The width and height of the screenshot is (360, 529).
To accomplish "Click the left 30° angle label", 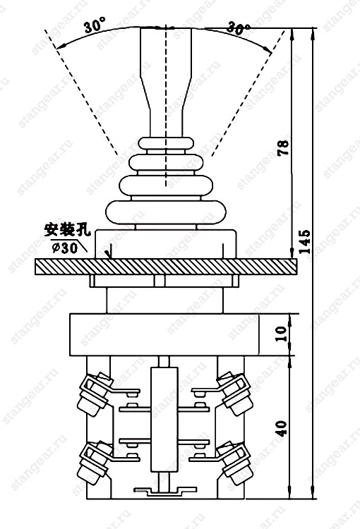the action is pos(95,25).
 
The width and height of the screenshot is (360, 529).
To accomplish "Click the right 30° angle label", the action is pos(238,28).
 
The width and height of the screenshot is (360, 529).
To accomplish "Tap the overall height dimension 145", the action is pos(304,241).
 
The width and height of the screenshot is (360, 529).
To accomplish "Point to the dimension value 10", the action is pos(283,334).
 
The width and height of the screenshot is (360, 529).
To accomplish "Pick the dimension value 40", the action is pos(282,428).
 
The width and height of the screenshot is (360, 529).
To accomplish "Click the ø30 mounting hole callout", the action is pos(65,248).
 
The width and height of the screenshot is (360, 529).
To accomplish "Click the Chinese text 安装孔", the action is pos(68,230).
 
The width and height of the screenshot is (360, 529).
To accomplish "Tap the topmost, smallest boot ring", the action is pos(166,143).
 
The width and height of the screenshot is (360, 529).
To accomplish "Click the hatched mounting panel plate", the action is pos(166,267).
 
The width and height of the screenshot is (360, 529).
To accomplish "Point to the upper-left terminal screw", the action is pos(94,391).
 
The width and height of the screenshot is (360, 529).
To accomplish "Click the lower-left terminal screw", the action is pos(94,461).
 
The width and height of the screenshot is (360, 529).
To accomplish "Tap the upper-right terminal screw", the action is pos(235,391).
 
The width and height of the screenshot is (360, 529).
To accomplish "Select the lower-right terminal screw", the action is pos(235,461).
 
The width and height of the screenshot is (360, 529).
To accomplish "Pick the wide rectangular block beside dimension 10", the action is pos(164,334).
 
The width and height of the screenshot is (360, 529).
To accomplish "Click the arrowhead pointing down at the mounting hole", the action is pos(109,255).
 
